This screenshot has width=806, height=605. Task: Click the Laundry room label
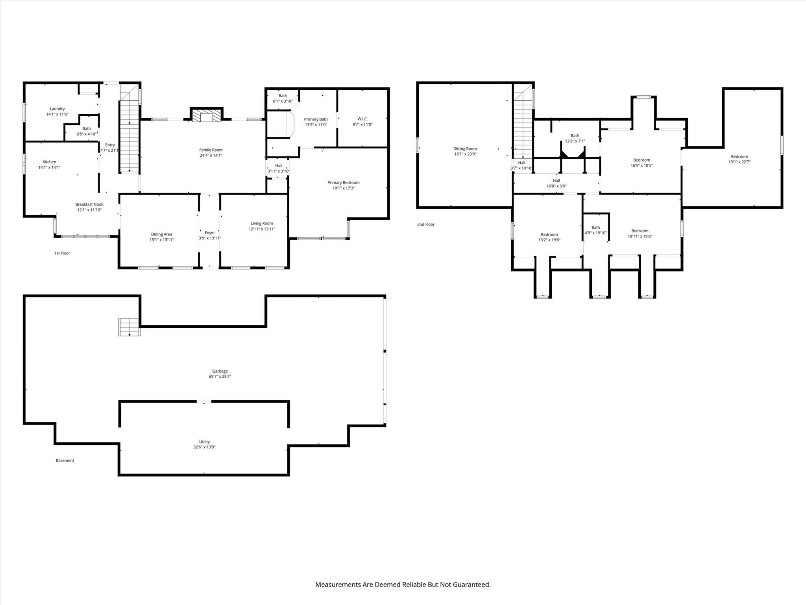click(57, 111)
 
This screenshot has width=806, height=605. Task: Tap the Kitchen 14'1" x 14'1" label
click(49, 165)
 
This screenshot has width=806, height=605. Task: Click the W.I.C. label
click(362, 122)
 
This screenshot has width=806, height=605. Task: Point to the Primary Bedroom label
click(343, 185)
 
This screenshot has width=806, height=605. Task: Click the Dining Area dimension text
click(161, 239)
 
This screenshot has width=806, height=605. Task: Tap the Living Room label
click(262, 226)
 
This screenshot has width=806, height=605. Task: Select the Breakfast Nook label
click(89, 207)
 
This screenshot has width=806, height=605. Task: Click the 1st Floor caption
click(62, 253)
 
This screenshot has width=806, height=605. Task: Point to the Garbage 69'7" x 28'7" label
click(220, 374)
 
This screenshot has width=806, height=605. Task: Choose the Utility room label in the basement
click(204, 444)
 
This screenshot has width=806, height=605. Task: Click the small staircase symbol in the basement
click(129, 327)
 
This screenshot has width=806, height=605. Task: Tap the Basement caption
click(65, 460)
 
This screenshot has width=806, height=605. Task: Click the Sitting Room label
click(465, 151)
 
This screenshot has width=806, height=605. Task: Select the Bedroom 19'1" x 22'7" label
click(739, 159)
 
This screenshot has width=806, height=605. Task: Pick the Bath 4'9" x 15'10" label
click(595, 230)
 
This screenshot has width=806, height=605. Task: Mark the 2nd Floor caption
click(426, 225)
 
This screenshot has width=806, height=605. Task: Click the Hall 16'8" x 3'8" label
click(556, 183)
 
